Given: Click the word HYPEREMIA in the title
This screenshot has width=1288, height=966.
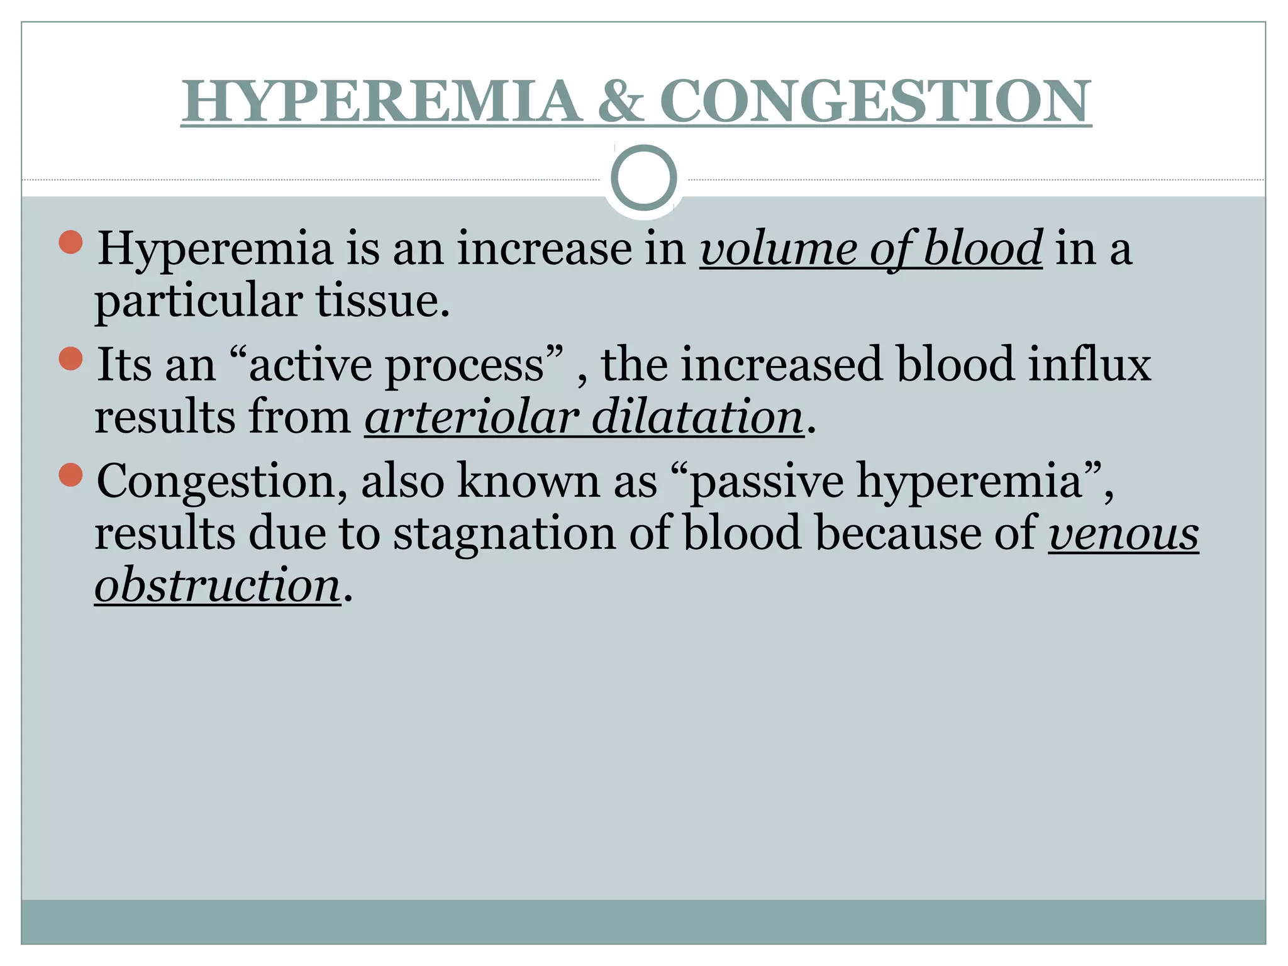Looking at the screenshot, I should tap(381, 101).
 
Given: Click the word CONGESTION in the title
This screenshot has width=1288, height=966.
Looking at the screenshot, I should tap(875, 101).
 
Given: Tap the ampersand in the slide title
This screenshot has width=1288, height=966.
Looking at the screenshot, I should tap(620, 101).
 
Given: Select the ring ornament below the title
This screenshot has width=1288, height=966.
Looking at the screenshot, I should tap(643, 178).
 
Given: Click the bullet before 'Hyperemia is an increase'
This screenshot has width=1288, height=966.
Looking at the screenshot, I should tap(70, 242).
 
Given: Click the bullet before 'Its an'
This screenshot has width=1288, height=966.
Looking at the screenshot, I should tap(70, 358).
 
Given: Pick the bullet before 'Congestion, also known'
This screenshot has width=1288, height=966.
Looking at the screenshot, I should tap(70, 475).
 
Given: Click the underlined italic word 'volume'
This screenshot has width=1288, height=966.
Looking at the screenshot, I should tap(777, 249).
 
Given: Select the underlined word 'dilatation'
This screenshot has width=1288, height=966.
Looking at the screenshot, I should tap(697, 418).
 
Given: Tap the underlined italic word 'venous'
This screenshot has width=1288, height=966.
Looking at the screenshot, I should tap(1123, 534).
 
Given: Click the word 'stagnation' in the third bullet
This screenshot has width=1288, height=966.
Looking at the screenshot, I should tap(505, 534).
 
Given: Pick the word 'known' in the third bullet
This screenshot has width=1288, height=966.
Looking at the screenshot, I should tap(528, 482).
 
